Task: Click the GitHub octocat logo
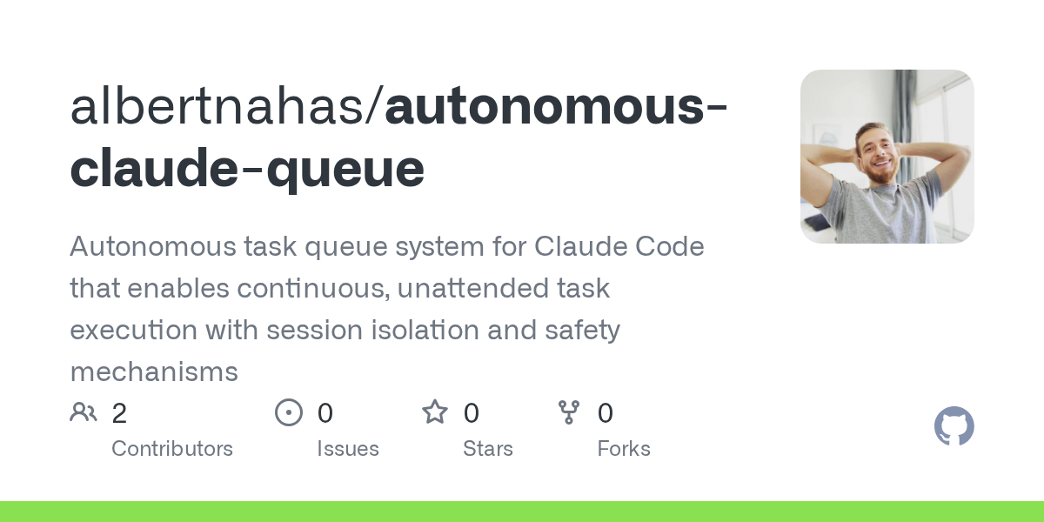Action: [954, 426]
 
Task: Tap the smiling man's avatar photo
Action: [887, 157]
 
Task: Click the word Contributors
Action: [172, 449]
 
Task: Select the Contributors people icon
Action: [84, 412]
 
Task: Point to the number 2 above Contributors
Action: [119, 413]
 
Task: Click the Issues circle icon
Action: [288, 412]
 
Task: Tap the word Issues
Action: [347, 449]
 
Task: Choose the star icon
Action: [434, 412]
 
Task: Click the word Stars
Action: [487, 449]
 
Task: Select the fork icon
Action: [569, 412]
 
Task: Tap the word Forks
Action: [624, 449]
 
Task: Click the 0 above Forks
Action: [606, 413]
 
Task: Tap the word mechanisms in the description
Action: [154, 372]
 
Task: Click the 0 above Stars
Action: [471, 413]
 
